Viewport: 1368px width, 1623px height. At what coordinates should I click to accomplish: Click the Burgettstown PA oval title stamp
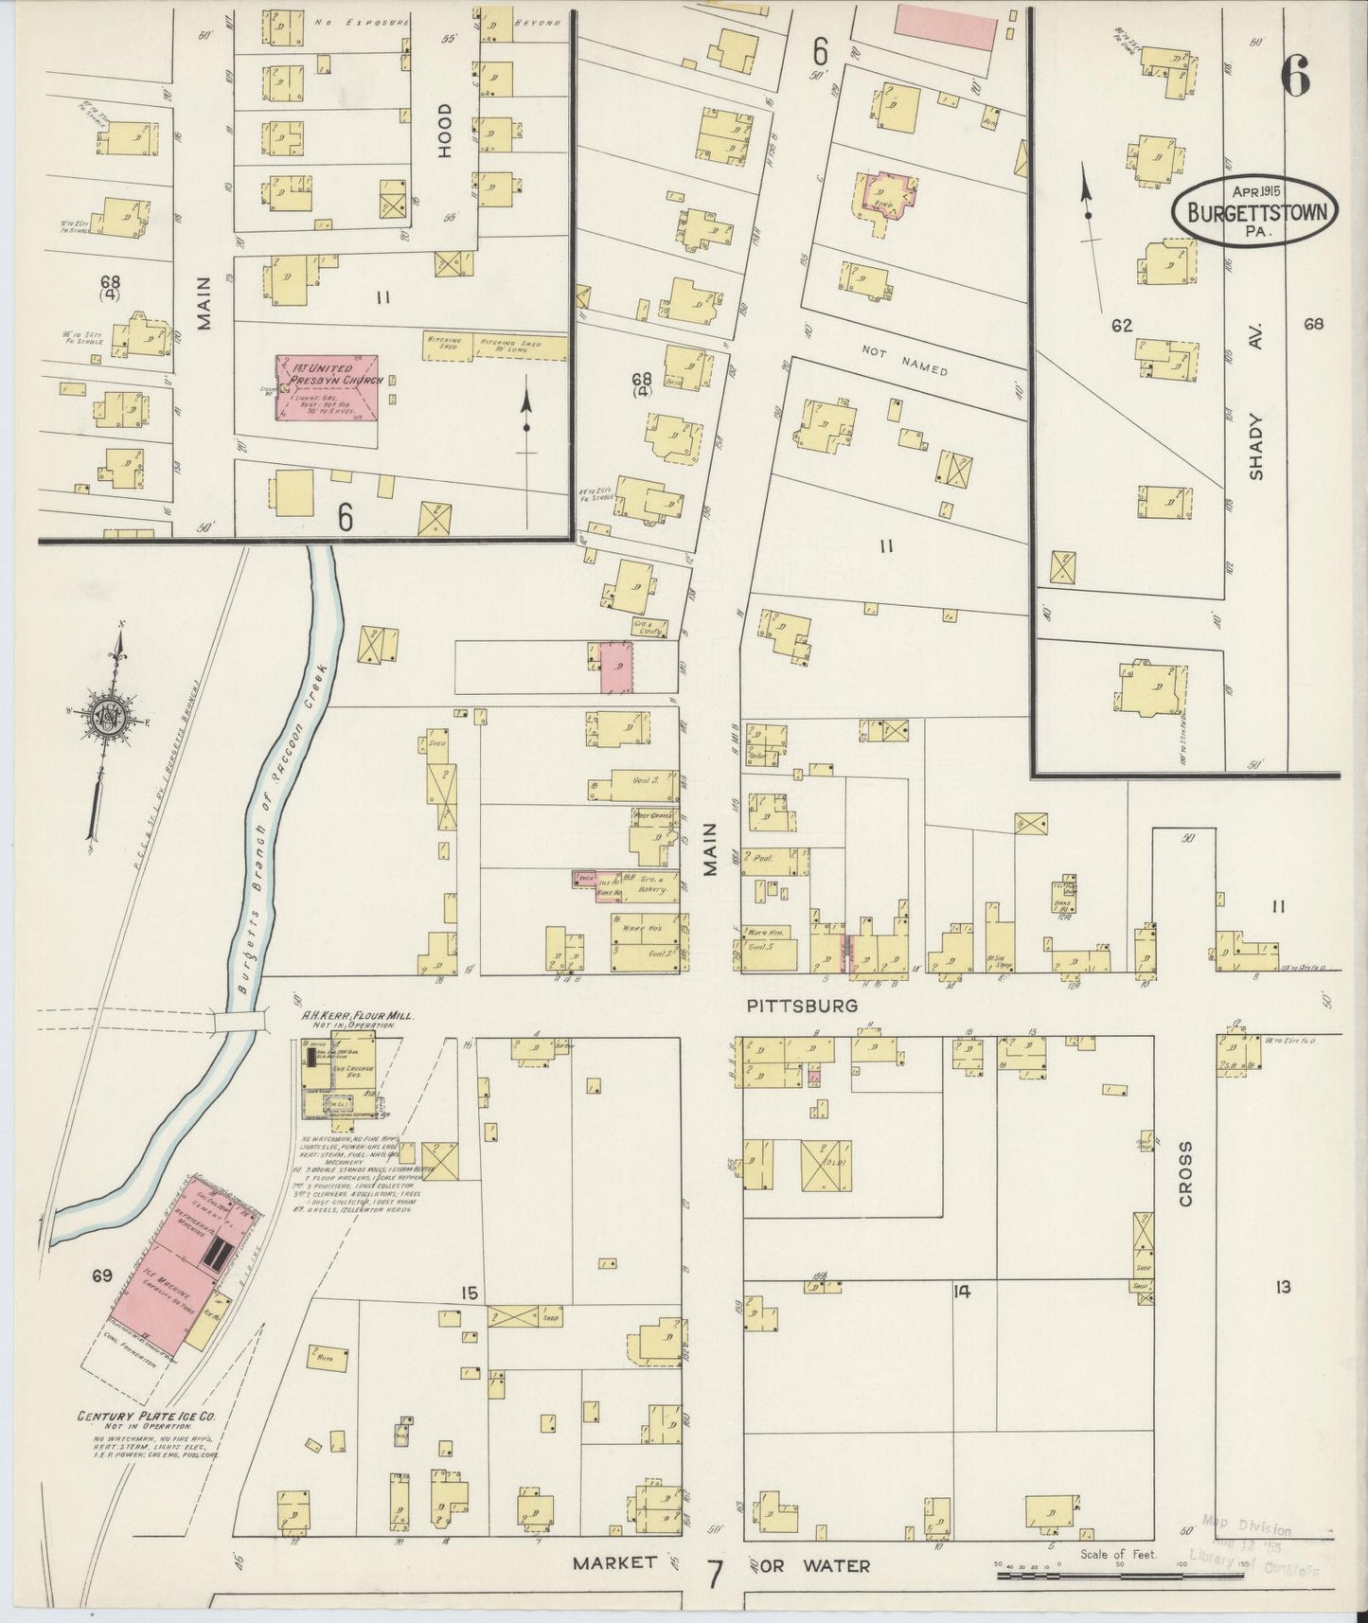[1255, 212]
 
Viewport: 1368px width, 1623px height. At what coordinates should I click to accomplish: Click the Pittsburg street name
[802, 1006]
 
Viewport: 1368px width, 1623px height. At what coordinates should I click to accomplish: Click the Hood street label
[445, 130]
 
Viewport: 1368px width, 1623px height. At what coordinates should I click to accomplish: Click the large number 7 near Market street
[715, 1575]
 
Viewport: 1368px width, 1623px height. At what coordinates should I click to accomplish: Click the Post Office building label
[651, 813]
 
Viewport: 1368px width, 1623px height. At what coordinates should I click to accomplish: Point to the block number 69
[102, 1275]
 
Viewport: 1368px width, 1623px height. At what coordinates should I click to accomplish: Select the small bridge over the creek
[240, 1022]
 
